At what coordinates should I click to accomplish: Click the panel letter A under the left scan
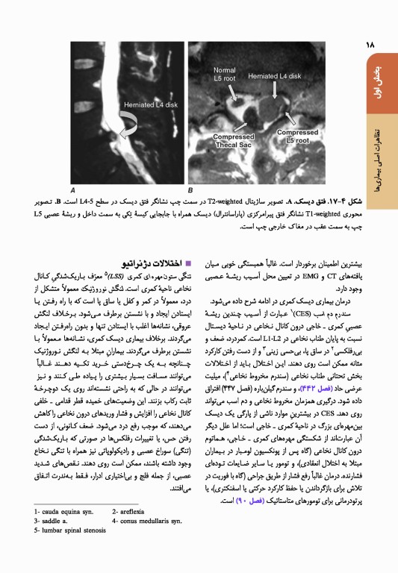72,189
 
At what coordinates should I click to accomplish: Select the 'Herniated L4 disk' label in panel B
275,75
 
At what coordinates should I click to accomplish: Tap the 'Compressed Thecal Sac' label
234,141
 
